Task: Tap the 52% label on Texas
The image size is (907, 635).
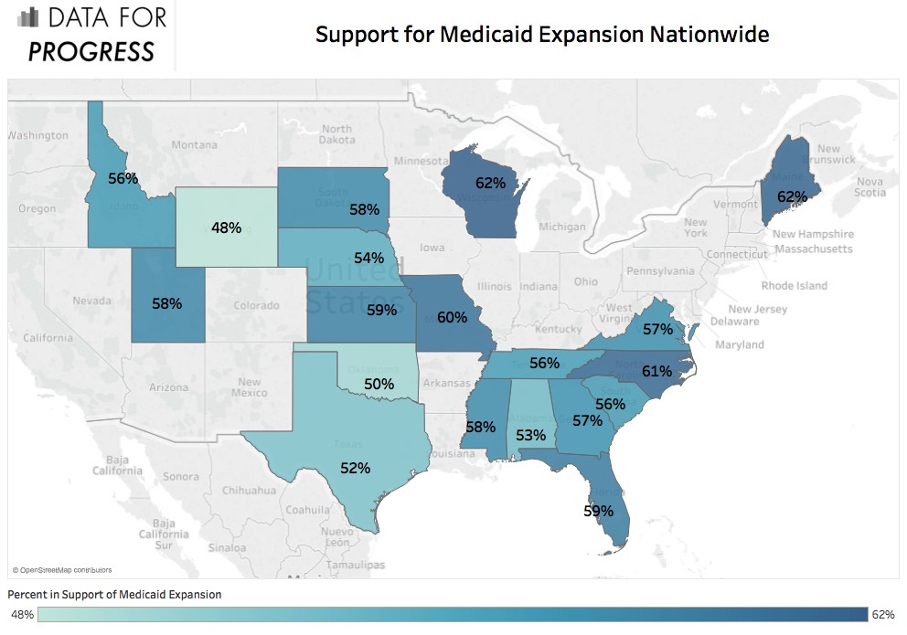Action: click(355, 468)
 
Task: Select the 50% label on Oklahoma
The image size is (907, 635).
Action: click(379, 385)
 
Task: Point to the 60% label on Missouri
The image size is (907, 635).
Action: click(452, 318)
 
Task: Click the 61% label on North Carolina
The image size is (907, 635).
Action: click(656, 371)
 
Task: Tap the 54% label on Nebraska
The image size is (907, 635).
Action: click(368, 258)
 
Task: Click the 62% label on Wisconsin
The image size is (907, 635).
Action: click(490, 183)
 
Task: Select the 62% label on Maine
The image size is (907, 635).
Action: click(792, 196)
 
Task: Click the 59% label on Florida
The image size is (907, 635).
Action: click(598, 511)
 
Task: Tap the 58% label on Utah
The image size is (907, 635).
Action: click(166, 302)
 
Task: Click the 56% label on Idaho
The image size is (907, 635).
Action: click(123, 178)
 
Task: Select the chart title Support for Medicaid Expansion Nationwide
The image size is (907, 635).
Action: click(542, 35)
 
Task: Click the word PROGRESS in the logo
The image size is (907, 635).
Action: click(91, 52)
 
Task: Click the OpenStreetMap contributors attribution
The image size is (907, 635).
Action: click(61, 569)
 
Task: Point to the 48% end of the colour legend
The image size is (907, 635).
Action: click(22, 615)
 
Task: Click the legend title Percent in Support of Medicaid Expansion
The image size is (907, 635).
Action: click(114, 594)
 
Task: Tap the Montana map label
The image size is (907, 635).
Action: click(194, 144)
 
